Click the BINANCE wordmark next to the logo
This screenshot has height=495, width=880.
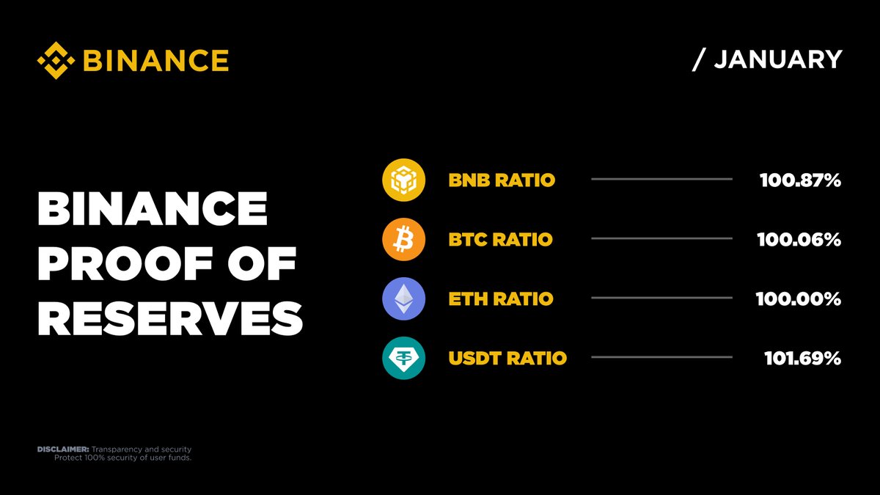tap(155, 60)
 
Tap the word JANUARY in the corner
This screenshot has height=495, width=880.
tap(778, 60)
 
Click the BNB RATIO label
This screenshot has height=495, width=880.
tap(502, 180)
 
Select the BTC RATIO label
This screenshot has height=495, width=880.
tap(500, 239)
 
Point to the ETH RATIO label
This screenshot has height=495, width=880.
tap(501, 298)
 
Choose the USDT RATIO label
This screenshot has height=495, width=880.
tap(507, 358)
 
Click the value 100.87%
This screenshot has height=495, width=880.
tap(800, 180)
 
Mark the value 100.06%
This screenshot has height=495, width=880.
tap(800, 239)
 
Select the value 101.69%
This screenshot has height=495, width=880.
tap(802, 358)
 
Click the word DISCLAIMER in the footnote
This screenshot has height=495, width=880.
tap(63, 449)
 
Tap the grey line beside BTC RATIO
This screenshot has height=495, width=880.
tap(661, 238)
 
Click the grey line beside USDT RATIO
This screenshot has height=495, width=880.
tap(661, 357)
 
